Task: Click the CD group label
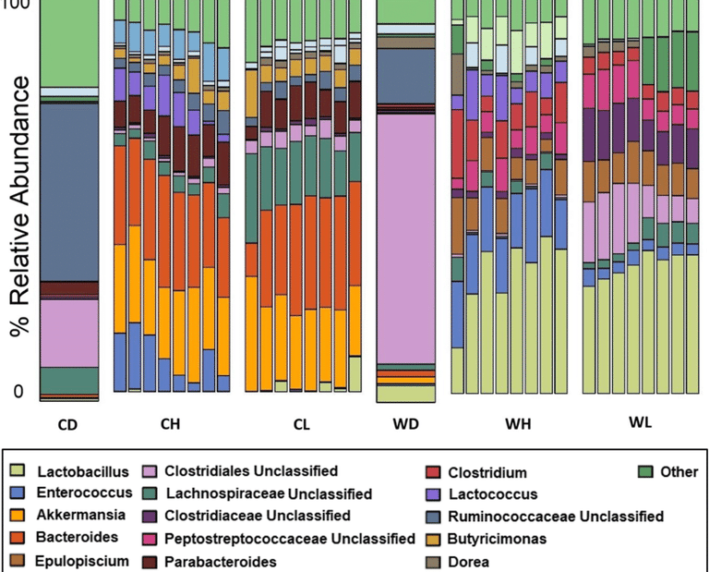(x=69, y=425)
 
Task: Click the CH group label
(x=170, y=425)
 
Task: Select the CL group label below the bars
(x=303, y=425)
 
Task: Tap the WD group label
(x=406, y=425)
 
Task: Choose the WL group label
(x=640, y=424)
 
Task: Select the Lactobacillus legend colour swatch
(x=19, y=472)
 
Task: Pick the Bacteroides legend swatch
(x=19, y=539)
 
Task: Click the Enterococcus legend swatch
(x=19, y=494)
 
